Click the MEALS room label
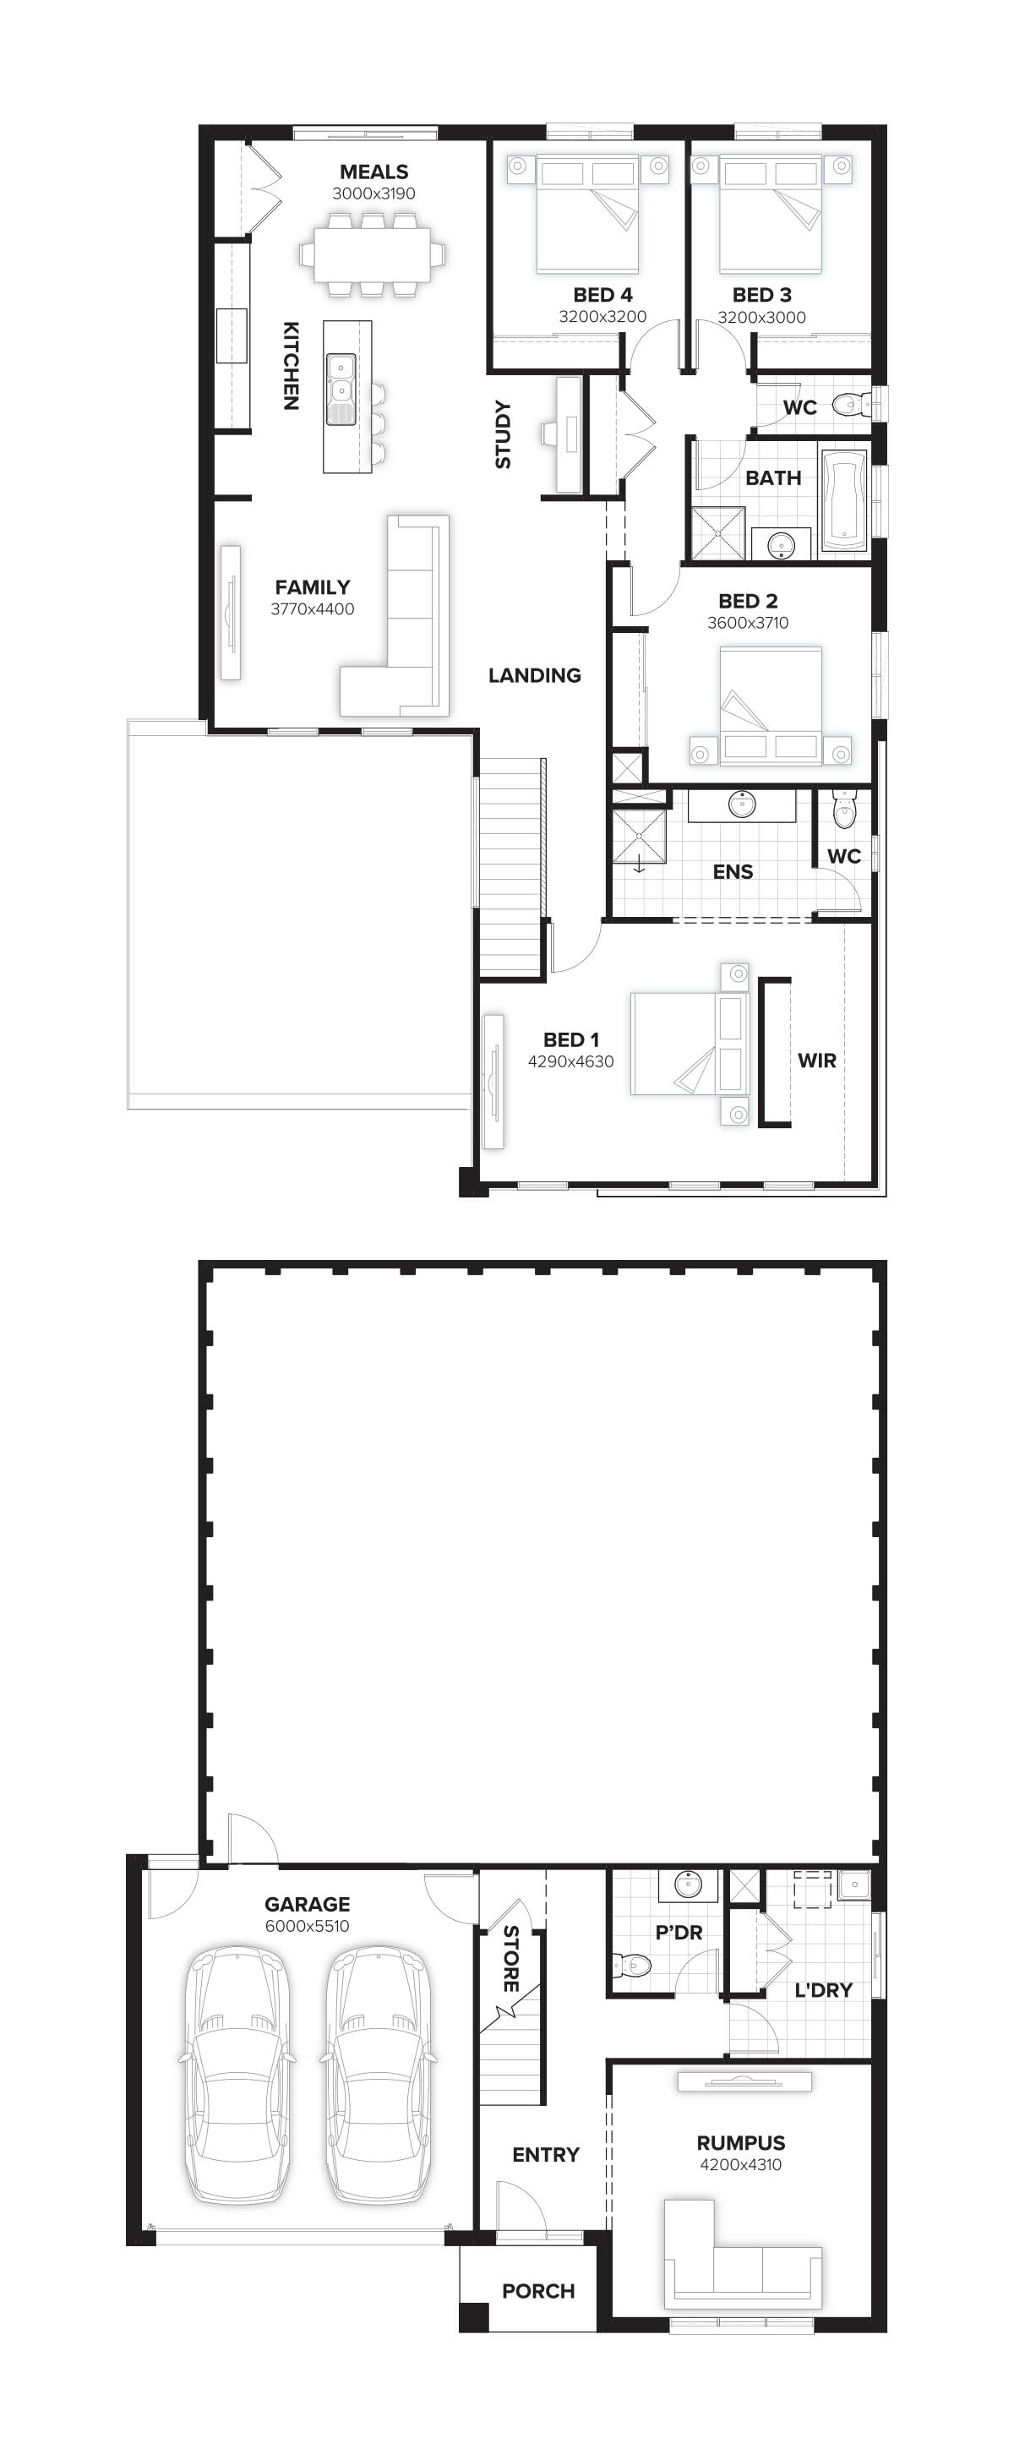[x=373, y=172]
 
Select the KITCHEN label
[x=292, y=366]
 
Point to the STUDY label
[x=503, y=435]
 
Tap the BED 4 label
[x=602, y=295]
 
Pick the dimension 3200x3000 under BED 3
[x=761, y=317]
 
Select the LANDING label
[x=535, y=676]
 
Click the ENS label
[x=733, y=872]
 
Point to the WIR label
[x=816, y=1061]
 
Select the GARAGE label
[x=307, y=1904]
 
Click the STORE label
[x=511, y=1958]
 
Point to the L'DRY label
[x=823, y=1990]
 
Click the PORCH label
[x=537, y=2291]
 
